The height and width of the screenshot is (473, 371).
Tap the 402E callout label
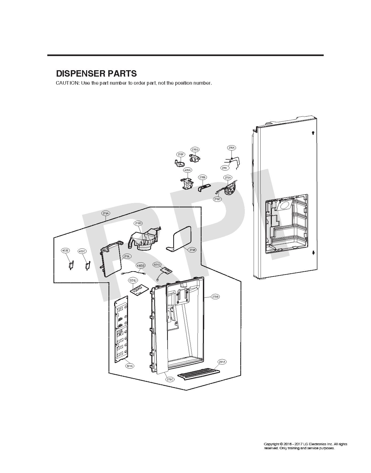pyautogui.click(x=65, y=251)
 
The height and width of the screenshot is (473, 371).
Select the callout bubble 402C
pyautogui.click(x=82, y=251)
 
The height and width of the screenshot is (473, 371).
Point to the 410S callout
pyautogui.click(x=141, y=266)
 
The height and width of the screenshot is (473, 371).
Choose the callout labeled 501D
pyautogui.click(x=157, y=265)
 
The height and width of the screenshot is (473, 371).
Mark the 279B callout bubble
pyautogui.click(x=215, y=297)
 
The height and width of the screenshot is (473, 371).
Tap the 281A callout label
pyautogui.click(x=222, y=362)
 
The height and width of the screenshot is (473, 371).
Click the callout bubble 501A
pyautogui.click(x=130, y=366)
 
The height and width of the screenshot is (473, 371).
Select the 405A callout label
pyautogui.click(x=187, y=170)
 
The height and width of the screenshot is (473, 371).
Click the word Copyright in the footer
pyautogui.click(x=271, y=444)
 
